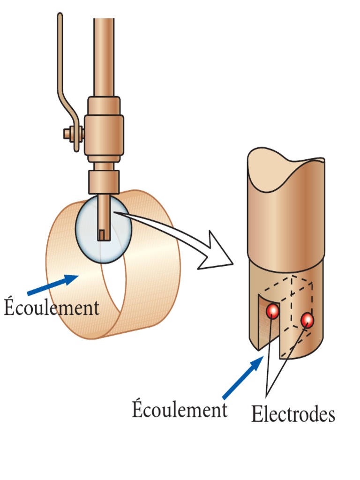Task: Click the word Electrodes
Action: [x=293, y=413]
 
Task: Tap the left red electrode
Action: [x=273, y=311]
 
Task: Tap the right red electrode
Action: [x=307, y=320]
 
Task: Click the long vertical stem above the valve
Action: [x=104, y=56]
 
